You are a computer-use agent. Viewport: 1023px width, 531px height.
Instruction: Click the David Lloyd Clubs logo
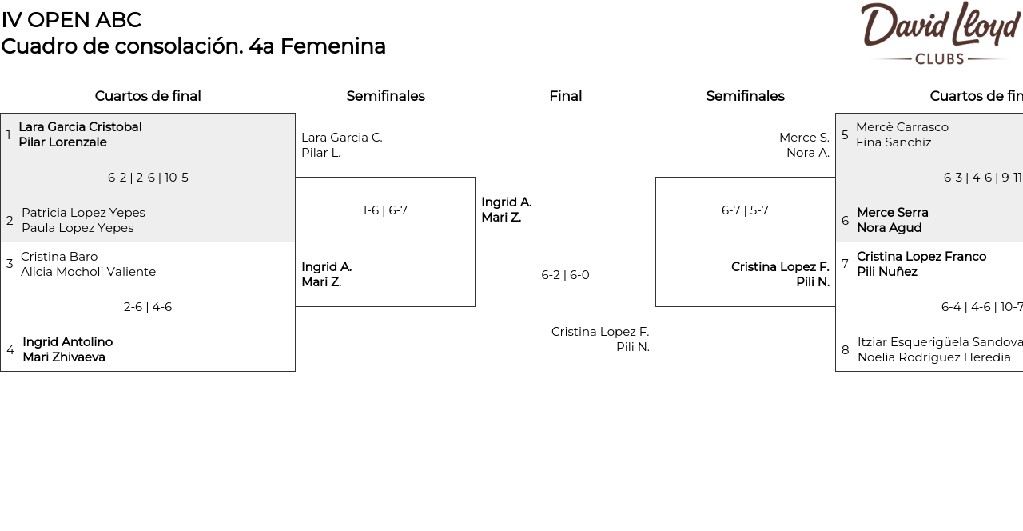940,33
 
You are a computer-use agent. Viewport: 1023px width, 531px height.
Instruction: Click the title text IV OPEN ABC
71,20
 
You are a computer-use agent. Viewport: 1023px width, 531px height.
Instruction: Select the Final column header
565,96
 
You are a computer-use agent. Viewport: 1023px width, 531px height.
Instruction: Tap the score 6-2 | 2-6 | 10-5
148,178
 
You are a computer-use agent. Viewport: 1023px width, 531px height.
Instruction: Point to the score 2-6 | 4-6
148,307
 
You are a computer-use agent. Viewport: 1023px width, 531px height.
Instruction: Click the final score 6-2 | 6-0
565,275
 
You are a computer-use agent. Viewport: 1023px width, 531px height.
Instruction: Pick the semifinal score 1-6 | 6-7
385,210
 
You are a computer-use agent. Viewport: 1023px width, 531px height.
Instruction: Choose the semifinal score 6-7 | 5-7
745,210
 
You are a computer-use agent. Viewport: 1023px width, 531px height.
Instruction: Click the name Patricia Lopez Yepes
83,213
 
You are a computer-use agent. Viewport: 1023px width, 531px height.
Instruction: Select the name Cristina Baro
59,257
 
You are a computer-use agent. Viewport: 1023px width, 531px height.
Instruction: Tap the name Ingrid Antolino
67,342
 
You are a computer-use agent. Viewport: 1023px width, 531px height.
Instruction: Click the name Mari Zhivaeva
64,357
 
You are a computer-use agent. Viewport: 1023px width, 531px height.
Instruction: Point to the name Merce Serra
893,213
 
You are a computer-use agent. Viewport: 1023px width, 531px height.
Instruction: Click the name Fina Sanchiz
894,142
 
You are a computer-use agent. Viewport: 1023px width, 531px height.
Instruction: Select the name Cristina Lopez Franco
921,257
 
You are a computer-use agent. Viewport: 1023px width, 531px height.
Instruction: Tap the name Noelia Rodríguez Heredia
934,357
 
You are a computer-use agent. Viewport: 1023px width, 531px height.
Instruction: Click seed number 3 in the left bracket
10,264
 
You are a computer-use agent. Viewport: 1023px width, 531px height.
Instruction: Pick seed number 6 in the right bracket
845,221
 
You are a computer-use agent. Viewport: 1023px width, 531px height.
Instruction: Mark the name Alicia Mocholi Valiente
88,272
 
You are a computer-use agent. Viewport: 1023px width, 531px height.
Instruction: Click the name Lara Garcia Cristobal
80,127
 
